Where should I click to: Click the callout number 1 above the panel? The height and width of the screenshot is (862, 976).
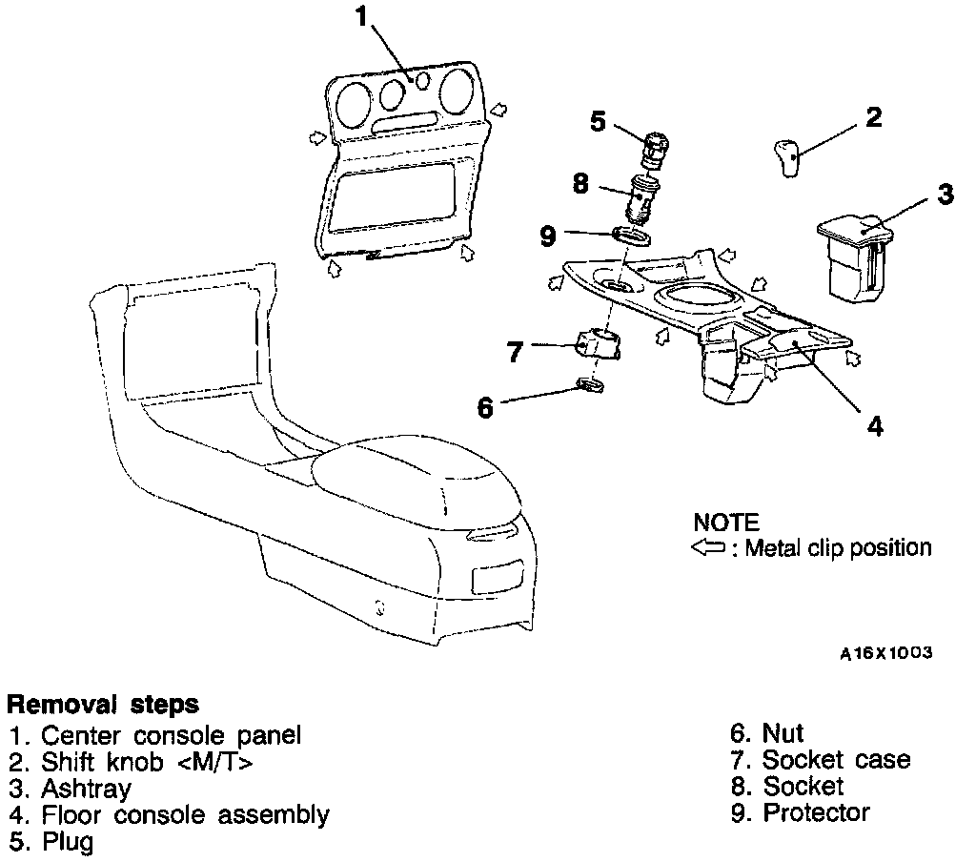360,16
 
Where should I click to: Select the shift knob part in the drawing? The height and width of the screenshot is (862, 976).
785,157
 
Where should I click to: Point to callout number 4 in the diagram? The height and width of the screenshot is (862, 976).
874,424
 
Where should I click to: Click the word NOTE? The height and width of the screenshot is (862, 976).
726,523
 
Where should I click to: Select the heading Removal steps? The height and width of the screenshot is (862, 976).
103,705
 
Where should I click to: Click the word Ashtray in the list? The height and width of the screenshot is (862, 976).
86,789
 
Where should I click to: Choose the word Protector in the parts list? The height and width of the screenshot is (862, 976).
816,812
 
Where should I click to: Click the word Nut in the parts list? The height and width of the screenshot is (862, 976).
783,732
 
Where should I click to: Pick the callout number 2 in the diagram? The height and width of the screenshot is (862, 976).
873,117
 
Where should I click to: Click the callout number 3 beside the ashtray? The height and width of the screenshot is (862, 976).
945,195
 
